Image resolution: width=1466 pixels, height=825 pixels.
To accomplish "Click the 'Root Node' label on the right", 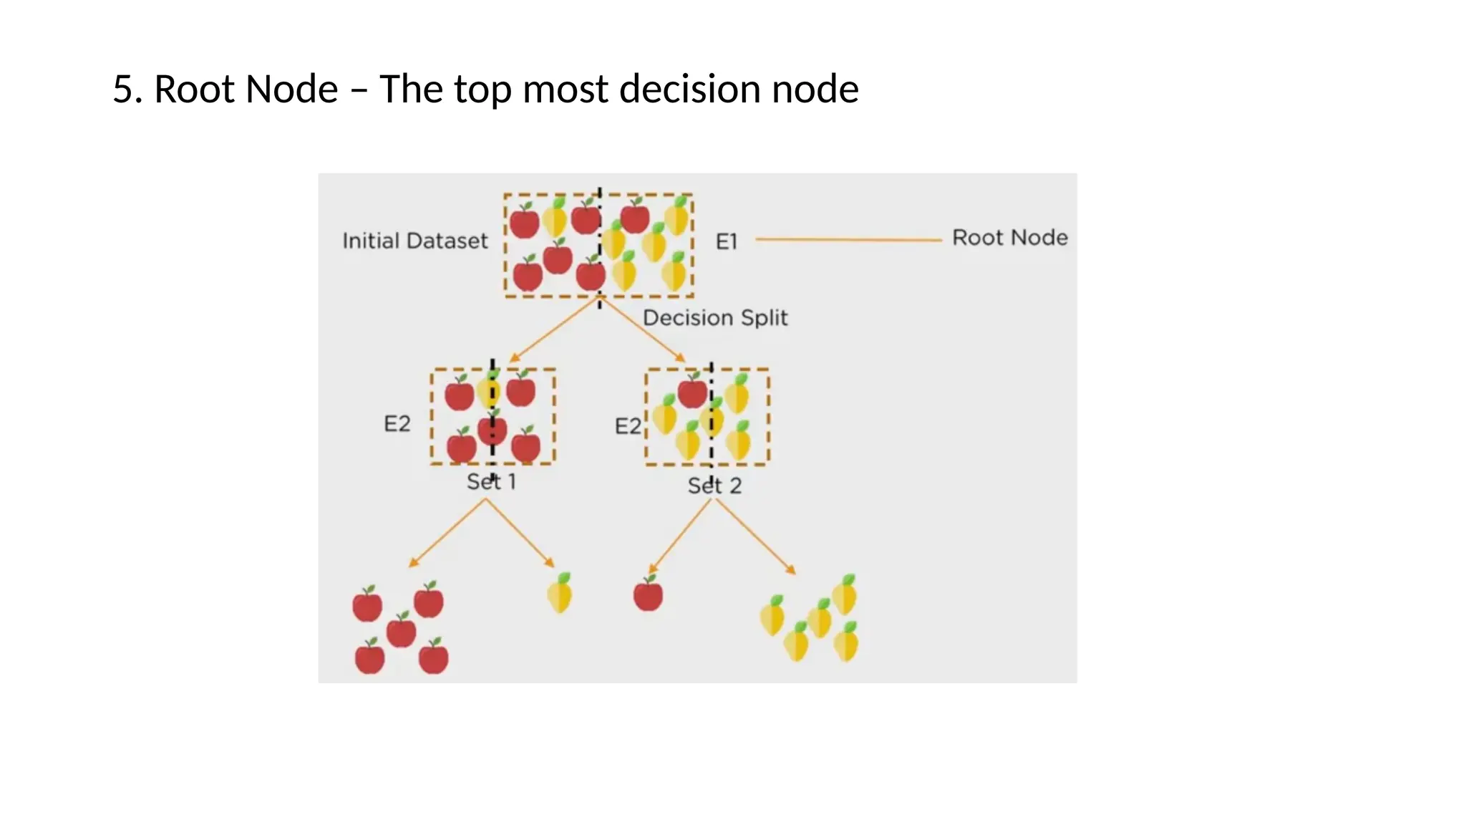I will pyautogui.click(x=1009, y=237).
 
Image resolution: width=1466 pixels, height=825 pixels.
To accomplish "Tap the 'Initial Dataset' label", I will pyautogui.click(x=414, y=241).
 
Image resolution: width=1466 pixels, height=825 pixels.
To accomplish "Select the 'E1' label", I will pyautogui.click(x=726, y=242).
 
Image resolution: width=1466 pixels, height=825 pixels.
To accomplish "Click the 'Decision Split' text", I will pyautogui.click(x=714, y=317).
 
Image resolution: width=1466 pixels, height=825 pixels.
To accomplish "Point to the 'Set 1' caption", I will pyautogui.click(x=491, y=482).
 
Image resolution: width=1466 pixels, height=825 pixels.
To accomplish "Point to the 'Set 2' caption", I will pyautogui.click(x=714, y=486).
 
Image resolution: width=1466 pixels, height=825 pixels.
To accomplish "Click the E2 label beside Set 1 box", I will pyautogui.click(x=397, y=423).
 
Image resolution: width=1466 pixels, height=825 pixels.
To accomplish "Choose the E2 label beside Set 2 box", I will pyautogui.click(x=628, y=427).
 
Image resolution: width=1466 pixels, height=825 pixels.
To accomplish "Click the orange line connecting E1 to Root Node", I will pyautogui.click(x=848, y=240).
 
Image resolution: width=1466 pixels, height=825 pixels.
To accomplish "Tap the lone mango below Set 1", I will pyautogui.click(x=560, y=593).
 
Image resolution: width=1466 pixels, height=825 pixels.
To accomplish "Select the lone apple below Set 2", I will pyautogui.click(x=648, y=594).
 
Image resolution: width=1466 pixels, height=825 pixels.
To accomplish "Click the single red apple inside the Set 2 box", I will pyautogui.click(x=692, y=391).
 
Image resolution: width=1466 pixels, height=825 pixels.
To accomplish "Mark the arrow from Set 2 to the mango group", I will pyautogui.click(x=755, y=536).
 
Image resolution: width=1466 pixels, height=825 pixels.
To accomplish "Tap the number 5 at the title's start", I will pyautogui.click(x=122, y=90).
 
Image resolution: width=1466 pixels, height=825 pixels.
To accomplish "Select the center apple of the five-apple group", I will pyautogui.click(x=401, y=630).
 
